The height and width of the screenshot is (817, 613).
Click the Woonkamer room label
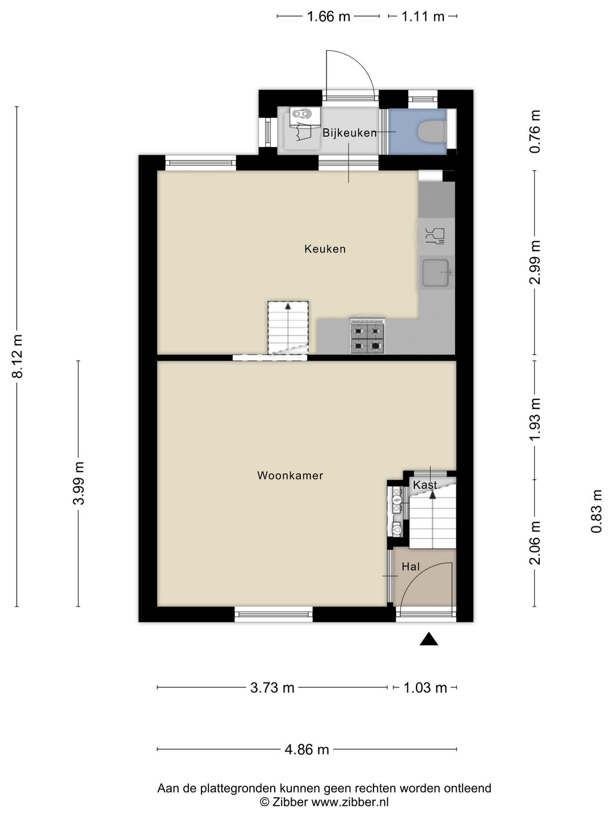click(290, 475)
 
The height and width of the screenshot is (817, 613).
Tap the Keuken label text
click(325, 249)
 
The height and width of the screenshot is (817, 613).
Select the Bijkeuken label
click(350, 133)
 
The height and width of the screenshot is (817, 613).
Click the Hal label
click(410, 566)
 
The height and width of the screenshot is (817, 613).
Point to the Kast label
click(425, 485)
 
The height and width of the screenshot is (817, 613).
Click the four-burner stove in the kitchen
click(367, 336)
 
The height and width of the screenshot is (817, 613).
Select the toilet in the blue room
click(432, 132)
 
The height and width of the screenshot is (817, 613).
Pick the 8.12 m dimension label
click(18, 356)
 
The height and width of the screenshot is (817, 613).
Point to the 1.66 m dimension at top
click(328, 17)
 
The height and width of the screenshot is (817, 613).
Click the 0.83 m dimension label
click(596, 511)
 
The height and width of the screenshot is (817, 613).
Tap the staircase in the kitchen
click(288, 327)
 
